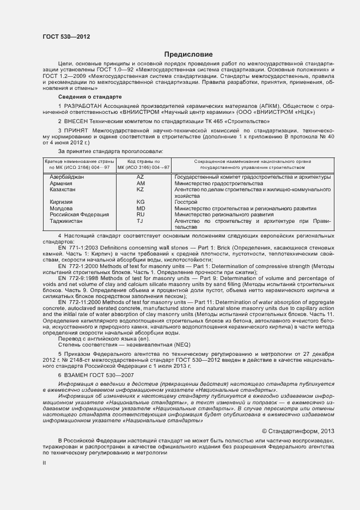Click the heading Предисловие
188,54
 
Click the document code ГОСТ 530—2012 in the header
66,37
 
